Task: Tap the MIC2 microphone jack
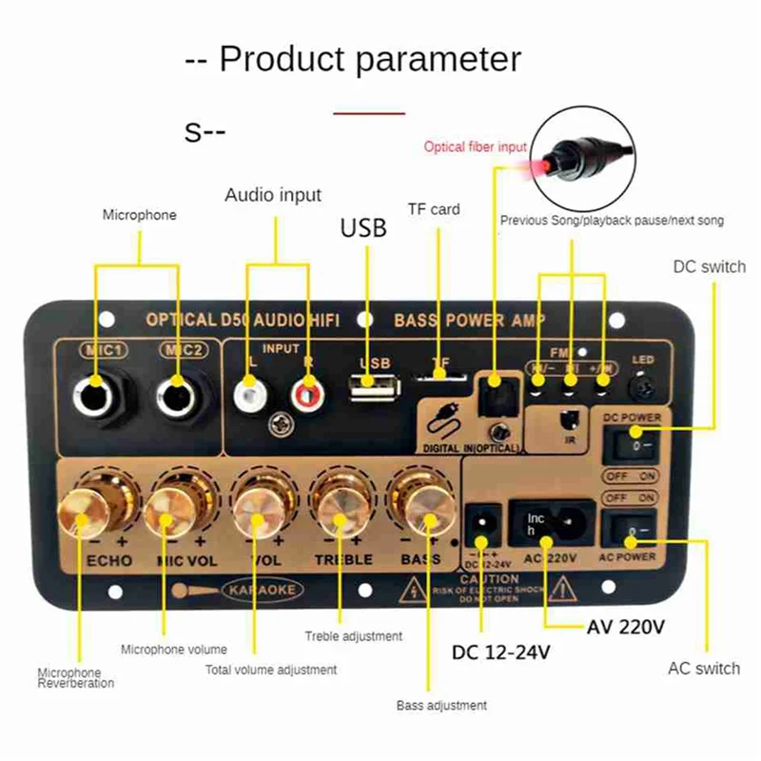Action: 177,392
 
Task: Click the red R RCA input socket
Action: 305,390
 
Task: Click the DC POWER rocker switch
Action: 630,443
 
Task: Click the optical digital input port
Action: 494,391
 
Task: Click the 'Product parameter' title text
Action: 353,59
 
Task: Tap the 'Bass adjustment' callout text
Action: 441,706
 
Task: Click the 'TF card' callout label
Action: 433,209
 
